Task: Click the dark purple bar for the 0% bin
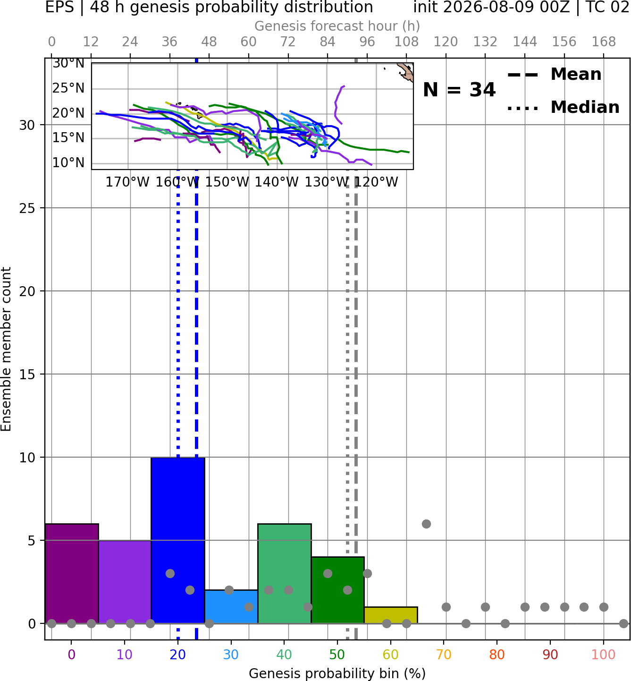pyautogui.click(x=72, y=573)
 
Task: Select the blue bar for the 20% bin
pyautogui.click(x=178, y=540)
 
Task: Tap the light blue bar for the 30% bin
pyautogui.click(x=231, y=606)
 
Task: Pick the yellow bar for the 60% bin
pyautogui.click(x=391, y=615)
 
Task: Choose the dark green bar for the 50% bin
pyautogui.click(x=337, y=590)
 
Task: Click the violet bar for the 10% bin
pyautogui.click(x=125, y=582)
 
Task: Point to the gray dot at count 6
pyautogui.click(x=426, y=524)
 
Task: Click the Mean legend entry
pyautogui.click(x=555, y=75)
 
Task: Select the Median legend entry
pyautogui.click(x=564, y=107)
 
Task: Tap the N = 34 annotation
pyautogui.click(x=459, y=90)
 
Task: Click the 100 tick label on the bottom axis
pyautogui.click(x=603, y=655)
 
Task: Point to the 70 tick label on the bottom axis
pyautogui.click(x=444, y=655)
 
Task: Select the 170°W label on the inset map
pyautogui.click(x=127, y=182)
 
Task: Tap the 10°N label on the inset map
pyautogui.click(x=68, y=162)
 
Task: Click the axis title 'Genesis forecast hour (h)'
pyautogui.click(x=337, y=26)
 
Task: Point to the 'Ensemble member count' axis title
pyautogui.click(x=6, y=349)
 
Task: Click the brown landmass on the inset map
pyautogui.click(x=406, y=72)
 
